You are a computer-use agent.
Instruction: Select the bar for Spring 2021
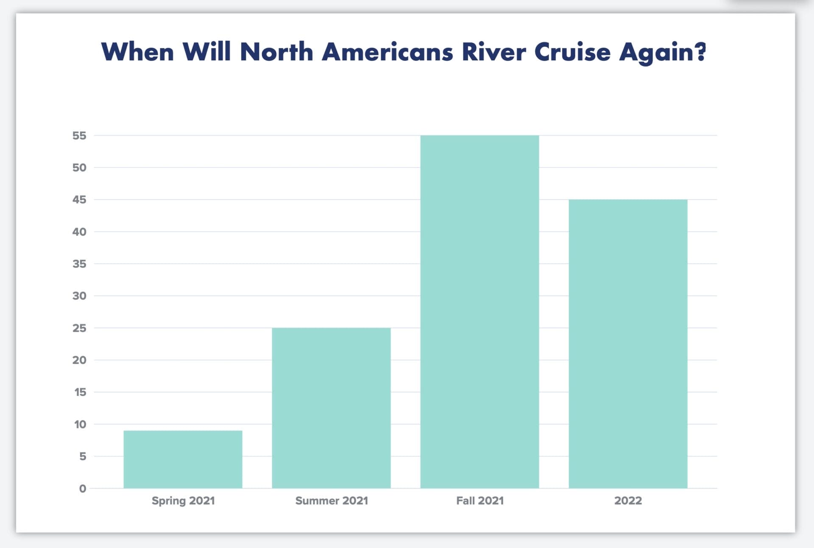[183, 459]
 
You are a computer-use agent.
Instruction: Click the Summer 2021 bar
[331, 408]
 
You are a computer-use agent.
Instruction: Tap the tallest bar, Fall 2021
[479, 312]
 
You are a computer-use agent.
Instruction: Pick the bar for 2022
[628, 344]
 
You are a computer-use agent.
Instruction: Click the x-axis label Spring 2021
[183, 500]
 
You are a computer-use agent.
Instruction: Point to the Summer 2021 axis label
[332, 500]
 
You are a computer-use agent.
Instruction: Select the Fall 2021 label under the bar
[480, 500]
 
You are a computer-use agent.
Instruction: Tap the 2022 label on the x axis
[628, 500]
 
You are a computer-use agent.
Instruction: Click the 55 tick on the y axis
[79, 136]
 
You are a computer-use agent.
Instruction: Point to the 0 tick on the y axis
[83, 489]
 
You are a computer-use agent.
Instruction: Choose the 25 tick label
[79, 328]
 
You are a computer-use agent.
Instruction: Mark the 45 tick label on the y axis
[79, 200]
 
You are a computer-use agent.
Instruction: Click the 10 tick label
[80, 425]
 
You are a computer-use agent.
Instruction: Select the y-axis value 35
[79, 264]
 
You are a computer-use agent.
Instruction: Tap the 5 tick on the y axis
[83, 456]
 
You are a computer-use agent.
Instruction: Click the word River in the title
[493, 52]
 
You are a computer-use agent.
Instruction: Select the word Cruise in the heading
[572, 52]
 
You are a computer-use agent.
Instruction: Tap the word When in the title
[137, 52]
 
